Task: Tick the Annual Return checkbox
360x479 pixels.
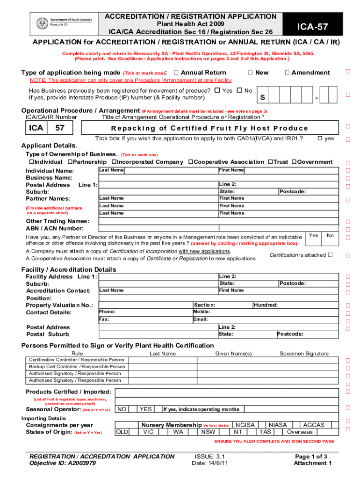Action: tap(176, 73)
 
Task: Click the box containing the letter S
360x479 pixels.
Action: tap(263, 98)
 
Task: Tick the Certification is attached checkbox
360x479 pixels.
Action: tap(330, 255)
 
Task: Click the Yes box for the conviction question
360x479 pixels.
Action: tap(314, 235)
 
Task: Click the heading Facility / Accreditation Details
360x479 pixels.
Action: tap(69, 269)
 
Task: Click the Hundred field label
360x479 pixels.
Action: tap(266, 305)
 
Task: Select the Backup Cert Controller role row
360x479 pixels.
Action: tap(77, 367)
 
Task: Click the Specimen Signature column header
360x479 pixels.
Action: tap(304, 354)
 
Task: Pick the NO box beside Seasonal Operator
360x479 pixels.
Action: tap(122, 409)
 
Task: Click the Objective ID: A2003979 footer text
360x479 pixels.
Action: tap(63, 463)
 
